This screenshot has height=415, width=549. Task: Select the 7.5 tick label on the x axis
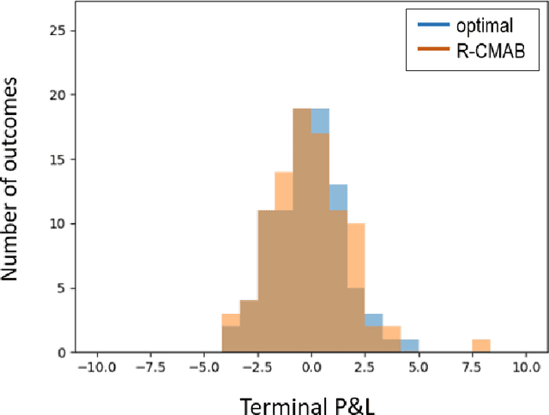[472, 367]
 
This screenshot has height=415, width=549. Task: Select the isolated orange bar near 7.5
[481, 346]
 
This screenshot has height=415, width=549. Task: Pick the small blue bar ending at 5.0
[409, 346]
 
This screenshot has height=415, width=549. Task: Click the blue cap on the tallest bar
[320, 121]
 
